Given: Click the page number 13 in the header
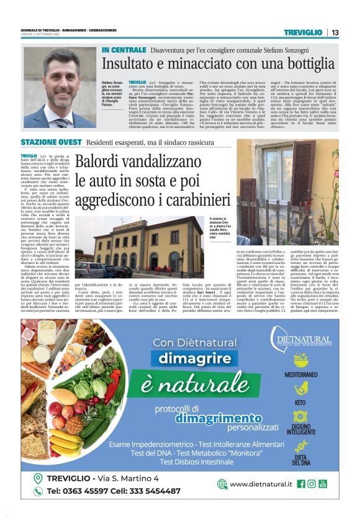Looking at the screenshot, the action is coord(335,32).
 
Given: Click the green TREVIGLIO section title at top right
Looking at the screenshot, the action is coord(304,32).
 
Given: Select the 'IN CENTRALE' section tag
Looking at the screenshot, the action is coord(124,49).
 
